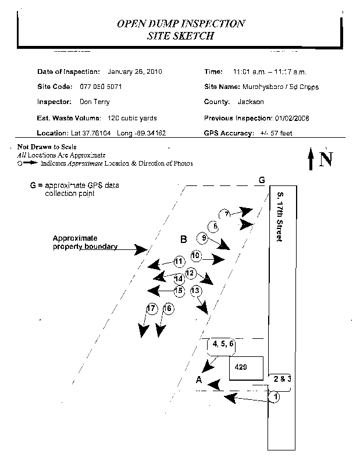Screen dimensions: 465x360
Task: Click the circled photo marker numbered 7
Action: tap(227, 213)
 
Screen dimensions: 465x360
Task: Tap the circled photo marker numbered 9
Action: tap(202, 238)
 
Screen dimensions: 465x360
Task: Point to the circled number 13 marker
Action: tap(195, 290)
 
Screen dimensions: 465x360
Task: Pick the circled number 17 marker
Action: tap(152, 309)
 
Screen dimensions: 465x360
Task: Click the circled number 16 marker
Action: tap(168, 309)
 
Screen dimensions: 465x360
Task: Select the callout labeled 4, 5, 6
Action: tap(223, 344)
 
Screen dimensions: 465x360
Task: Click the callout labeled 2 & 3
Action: tap(281, 379)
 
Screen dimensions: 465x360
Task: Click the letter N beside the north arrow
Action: tap(326, 159)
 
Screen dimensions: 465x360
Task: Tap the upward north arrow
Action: tap(311, 159)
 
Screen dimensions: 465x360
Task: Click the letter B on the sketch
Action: tap(183, 239)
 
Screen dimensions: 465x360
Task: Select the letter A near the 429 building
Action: tap(199, 381)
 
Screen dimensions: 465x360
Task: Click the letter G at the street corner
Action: tap(262, 179)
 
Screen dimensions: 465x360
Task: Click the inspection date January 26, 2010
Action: tap(135, 71)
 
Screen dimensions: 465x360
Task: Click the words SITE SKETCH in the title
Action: tap(181, 36)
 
